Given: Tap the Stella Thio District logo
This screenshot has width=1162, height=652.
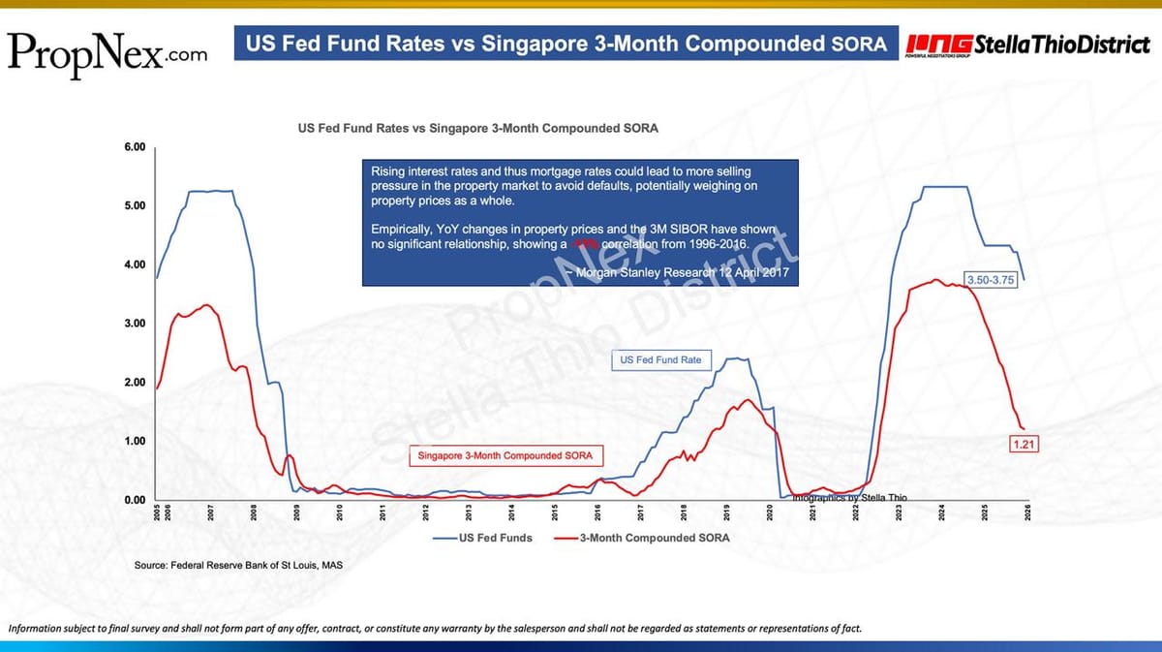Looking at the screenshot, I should click(x=1027, y=46).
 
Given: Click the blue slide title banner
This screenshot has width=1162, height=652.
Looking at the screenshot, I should click(x=566, y=45).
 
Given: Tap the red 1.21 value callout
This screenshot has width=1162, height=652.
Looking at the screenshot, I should click(x=1024, y=445).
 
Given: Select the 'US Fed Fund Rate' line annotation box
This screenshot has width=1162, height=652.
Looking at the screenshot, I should click(x=659, y=360).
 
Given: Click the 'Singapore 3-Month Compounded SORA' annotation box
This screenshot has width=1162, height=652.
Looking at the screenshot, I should click(x=505, y=455).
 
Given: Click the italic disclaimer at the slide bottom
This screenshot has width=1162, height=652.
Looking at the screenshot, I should click(x=435, y=629).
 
